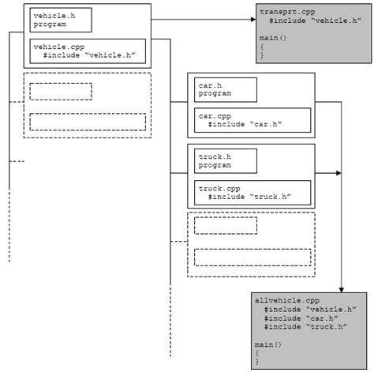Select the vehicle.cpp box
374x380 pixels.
(x=87, y=51)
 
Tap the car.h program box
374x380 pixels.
(x=226, y=89)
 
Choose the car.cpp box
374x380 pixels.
(x=252, y=120)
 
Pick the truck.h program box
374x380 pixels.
(x=226, y=160)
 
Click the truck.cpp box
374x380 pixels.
(x=252, y=192)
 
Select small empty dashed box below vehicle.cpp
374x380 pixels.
(x=61, y=91)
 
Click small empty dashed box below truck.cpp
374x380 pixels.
(x=226, y=226)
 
